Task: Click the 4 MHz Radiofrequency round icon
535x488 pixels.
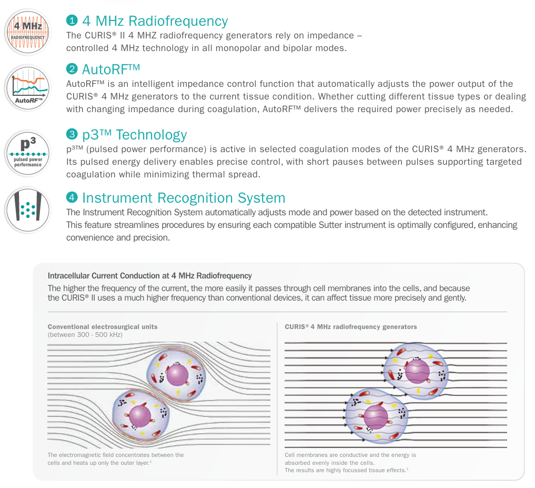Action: coord(28,33)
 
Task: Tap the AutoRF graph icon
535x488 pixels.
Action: coord(28,88)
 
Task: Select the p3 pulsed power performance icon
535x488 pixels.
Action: coord(28,153)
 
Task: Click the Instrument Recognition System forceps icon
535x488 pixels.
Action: coord(28,210)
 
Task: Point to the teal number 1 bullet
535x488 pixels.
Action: coord(72,21)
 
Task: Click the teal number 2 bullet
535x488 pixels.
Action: coord(72,69)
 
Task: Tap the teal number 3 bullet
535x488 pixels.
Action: coord(72,134)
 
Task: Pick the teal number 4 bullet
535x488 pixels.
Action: coord(72,197)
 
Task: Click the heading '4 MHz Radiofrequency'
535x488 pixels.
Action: coord(155,21)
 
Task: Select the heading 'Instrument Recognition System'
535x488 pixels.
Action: coord(184,198)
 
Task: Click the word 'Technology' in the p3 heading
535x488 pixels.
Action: coord(152,135)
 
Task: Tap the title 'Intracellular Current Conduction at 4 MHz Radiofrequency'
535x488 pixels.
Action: coord(150,276)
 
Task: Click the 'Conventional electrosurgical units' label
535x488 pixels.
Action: coord(103,327)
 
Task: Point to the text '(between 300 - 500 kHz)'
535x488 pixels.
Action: coord(85,335)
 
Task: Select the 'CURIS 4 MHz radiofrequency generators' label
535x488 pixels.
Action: coord(351,327)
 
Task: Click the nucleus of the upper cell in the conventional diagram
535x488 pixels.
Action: coord(177,375)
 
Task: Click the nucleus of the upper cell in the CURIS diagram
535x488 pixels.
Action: coord(417,372)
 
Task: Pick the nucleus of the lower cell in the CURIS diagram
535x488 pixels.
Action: coord(376,417)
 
